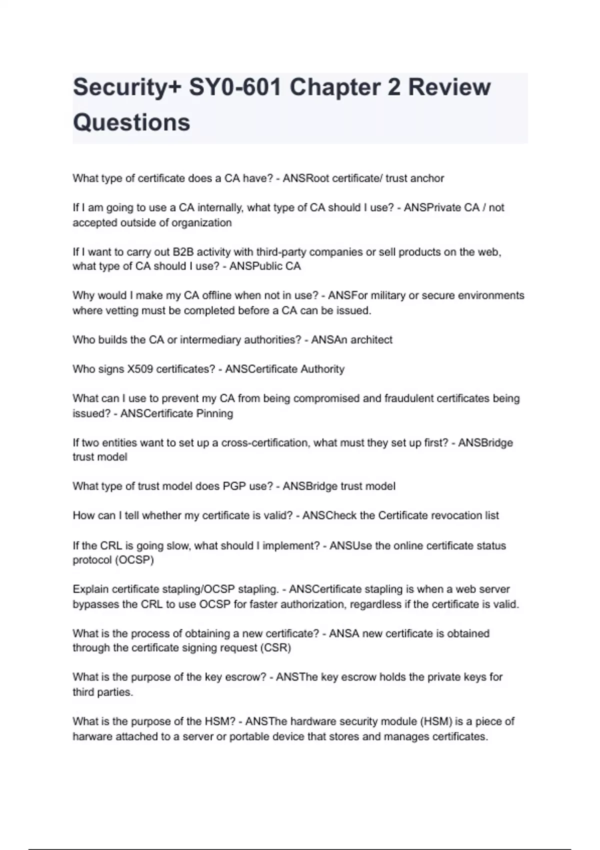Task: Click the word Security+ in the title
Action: (127, 87)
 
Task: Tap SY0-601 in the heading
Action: (235, 87)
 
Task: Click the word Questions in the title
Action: (131, 122)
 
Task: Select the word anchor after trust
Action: (427, 178)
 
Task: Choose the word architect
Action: (371, 340)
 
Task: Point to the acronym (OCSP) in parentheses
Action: (134, 560)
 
